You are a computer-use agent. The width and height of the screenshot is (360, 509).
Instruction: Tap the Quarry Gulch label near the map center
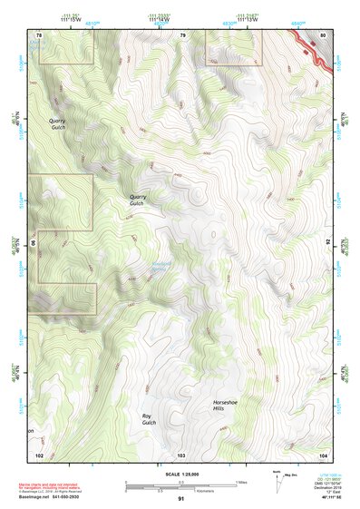click(x=138, y=200)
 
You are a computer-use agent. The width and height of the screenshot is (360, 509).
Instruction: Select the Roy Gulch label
click(x=150, y=419)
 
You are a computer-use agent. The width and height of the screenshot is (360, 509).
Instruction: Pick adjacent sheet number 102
click(x=39, y=454)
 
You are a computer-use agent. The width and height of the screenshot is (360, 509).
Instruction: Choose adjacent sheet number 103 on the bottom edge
click(x=181, y=454)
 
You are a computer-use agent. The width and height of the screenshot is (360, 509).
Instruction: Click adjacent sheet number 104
click(x=323, y=454)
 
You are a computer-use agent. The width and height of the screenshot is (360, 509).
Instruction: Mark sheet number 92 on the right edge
click(x=327, y=243)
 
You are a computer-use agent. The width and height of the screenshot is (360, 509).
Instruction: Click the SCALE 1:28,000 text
click(x=181, y=474)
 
